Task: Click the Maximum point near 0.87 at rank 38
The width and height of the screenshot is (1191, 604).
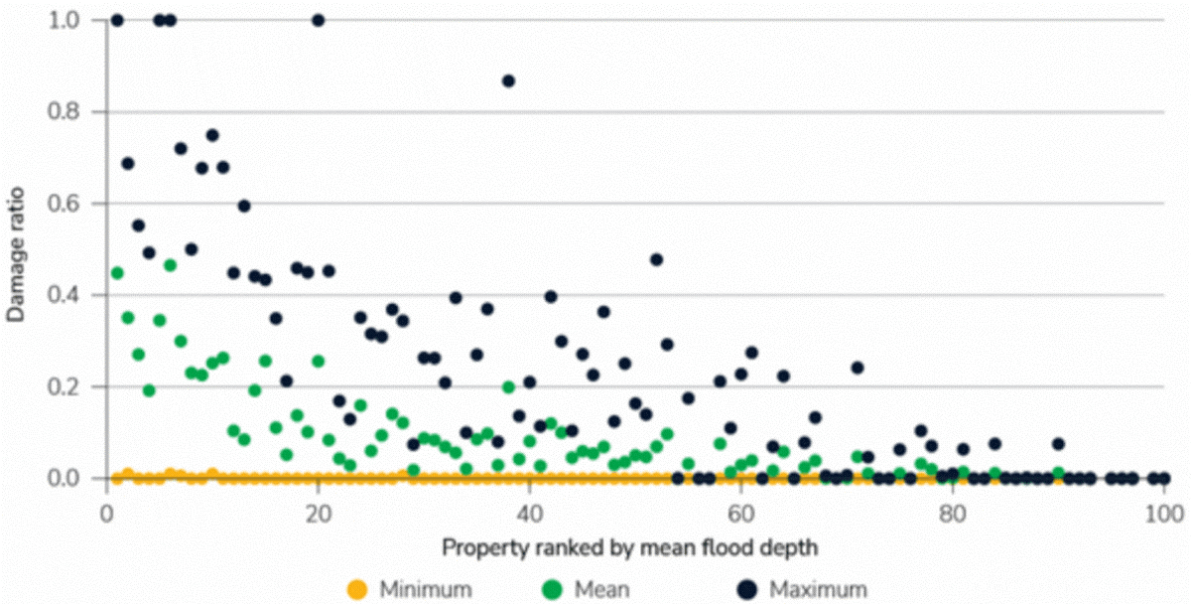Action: click(x=508, y=80)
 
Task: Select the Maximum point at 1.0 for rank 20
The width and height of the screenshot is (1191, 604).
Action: click(x=318, y=20)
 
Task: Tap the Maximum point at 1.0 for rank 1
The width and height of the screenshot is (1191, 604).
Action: click(x=117, y=20)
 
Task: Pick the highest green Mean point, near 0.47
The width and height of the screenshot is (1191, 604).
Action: click(x=170, y=265)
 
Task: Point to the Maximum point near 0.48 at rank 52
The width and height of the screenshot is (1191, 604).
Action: click(x=656, y=259)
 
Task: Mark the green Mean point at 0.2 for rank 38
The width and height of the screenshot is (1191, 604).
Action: click(x=508, y=386)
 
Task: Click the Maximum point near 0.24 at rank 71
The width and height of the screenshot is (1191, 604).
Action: click(x=858, y=368)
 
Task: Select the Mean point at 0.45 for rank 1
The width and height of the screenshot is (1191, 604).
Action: click(x=117, y=272)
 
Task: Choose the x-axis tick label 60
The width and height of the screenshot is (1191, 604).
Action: click(x=740, y=515)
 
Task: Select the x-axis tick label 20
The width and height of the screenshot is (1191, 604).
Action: click(x=318, y=515)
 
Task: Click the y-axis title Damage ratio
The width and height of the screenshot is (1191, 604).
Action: click(x=16, y=249)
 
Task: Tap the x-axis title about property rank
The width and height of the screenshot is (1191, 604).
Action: click(x=634, y=546)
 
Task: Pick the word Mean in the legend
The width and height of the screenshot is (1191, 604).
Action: click(x=601, y=589)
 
